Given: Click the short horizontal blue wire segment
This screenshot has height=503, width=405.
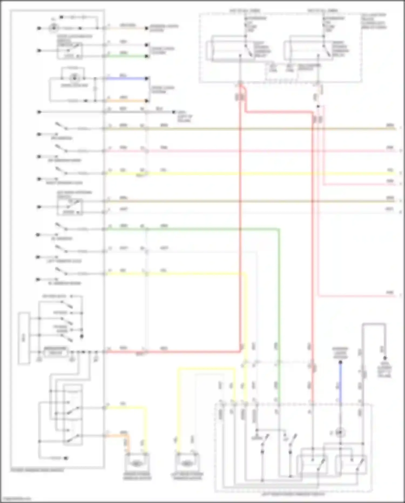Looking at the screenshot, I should tap(127, 79).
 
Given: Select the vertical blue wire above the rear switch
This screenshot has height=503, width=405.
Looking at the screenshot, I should tap(340, 384).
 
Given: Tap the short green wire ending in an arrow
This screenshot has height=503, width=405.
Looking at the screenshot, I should tap(127, 56).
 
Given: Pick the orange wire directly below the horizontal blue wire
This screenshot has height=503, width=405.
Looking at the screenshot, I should tap(127, 101).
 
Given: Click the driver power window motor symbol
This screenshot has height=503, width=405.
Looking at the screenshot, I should tap(137, 464).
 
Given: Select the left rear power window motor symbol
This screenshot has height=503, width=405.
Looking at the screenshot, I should tap(186, 464).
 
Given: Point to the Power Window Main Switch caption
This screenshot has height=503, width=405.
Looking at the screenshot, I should tap(37, 470).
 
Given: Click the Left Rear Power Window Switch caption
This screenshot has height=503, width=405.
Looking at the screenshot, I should tap(293, 494).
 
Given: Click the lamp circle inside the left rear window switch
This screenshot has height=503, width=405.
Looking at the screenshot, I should tap(340, 433).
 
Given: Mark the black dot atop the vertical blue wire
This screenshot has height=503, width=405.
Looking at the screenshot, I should tap(340, 362).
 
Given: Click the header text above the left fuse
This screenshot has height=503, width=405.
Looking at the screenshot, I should tap(245, 11).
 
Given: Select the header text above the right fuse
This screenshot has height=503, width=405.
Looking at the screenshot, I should tap(323, 11).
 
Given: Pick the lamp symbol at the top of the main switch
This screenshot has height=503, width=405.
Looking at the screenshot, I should tap(54, 28).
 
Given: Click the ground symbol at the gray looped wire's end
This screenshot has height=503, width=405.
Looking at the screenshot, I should tap(385, 358).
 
